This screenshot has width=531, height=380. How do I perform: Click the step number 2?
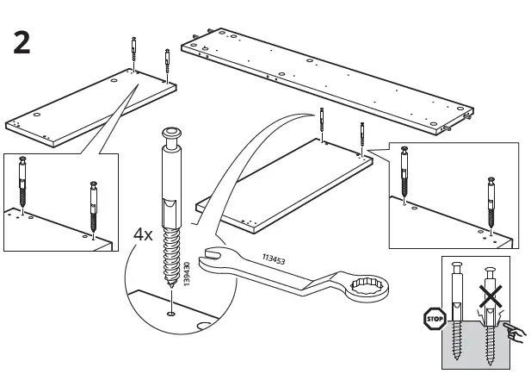point(22,42)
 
